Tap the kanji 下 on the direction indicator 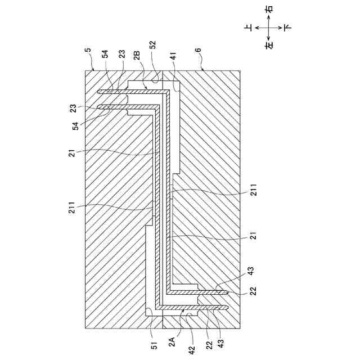(288, 26)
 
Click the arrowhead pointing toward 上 (256, 26)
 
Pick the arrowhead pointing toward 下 (281, 26)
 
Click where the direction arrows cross (269, 26)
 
